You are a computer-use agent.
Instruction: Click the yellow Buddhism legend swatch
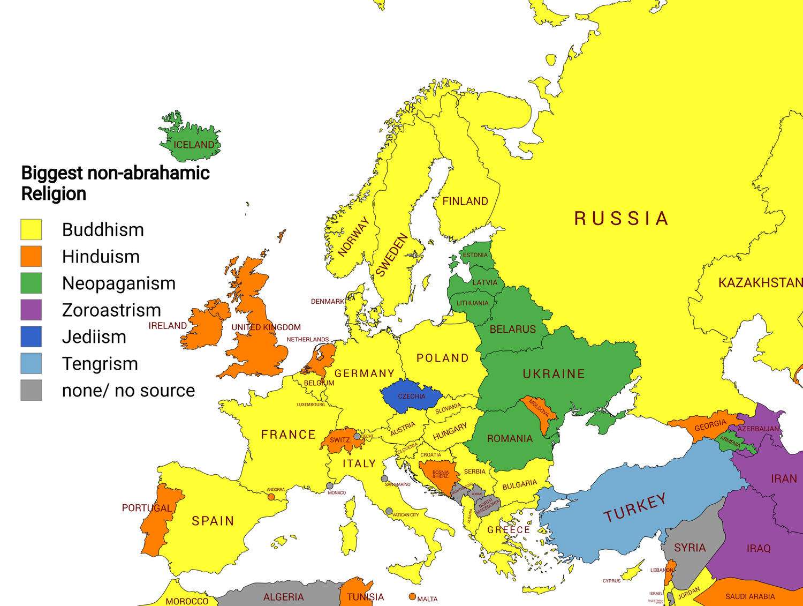[31, 229]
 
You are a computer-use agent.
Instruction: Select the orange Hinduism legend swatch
[31, 256]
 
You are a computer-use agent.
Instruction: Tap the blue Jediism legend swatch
[31, 336]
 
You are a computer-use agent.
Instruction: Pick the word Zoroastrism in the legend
[111, 310]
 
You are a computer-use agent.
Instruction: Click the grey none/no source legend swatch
[31, 390]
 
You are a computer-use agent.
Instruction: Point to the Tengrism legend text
[100, 364]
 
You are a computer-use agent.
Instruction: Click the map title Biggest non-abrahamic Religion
[115, 183]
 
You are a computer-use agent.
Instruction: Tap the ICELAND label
[194, 145]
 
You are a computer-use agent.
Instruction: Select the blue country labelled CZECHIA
[412, 396]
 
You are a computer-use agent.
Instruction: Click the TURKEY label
[635, 507]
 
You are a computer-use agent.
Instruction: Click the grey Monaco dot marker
[330, 486]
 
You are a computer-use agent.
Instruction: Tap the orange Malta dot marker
[412, 596]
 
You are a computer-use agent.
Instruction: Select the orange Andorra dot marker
[271, 497]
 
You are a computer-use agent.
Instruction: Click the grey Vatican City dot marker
[389, 511]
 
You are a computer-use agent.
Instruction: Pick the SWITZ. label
[340, 440]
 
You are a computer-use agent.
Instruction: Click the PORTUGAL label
[147, 507]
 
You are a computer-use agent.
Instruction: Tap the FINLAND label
[465, 201]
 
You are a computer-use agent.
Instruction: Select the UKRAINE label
[554, 374]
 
